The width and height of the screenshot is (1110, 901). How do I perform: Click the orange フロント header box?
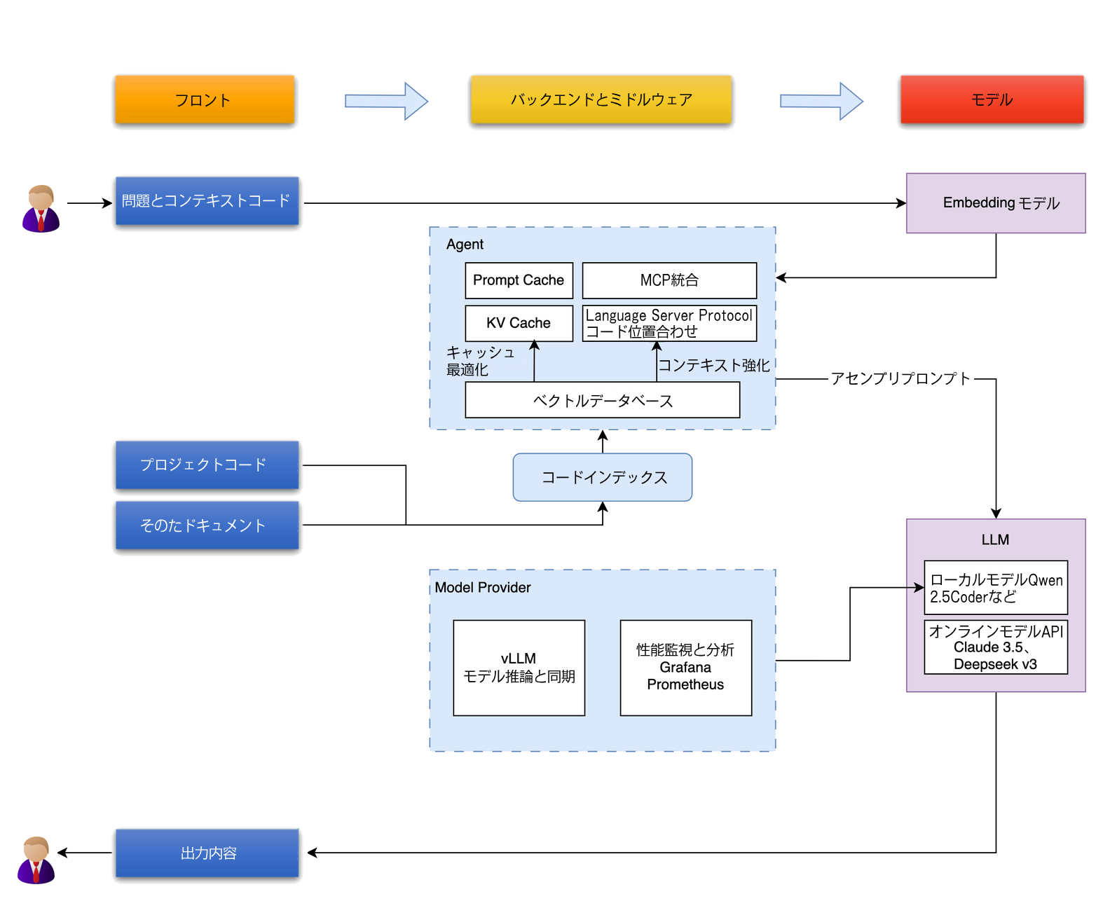point(205,99)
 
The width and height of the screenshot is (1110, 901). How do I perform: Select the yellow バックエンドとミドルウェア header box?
point(601,99)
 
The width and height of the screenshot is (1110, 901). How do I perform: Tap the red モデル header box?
point(991,99)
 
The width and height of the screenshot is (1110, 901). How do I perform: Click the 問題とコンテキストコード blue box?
point(207,200)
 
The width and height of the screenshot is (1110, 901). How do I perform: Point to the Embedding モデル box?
point(995,202)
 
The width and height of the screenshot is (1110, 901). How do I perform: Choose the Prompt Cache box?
point(519,280)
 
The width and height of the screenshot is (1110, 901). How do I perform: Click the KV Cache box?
point(519,323)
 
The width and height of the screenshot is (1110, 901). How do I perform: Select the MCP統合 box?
point(669,280)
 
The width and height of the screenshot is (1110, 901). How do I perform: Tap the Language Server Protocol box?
point(669,323)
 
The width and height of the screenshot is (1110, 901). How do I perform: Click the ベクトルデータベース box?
point(603,399)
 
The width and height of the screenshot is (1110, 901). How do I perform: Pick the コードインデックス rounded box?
point(603,477)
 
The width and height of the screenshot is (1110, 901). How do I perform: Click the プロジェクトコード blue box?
point(207,465)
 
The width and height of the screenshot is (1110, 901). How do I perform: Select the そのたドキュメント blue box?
point(207,525)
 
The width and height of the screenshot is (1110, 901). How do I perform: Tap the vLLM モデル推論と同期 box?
point(519,668)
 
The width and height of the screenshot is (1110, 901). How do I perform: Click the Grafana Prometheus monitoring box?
point(685,668)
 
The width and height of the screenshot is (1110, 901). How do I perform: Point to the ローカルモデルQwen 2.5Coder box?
point(995,587)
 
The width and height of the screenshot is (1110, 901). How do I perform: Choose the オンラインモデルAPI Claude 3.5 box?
point(995,647)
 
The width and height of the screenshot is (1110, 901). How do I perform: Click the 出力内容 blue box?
point(207,853)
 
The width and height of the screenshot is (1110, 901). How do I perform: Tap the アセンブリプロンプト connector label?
point(900,378)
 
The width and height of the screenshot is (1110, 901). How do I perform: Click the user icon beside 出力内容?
point(36,860)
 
